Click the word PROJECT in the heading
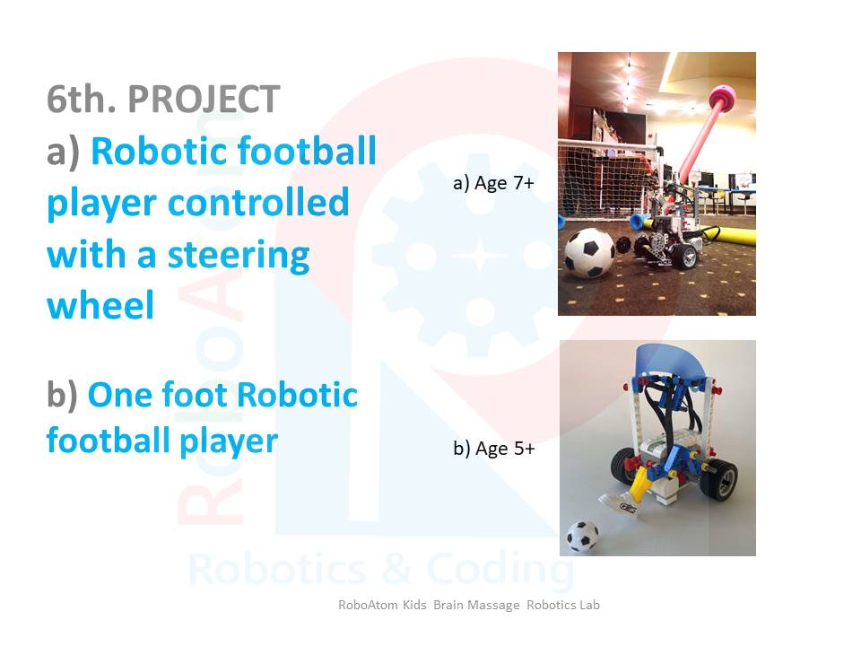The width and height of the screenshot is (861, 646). pyautogui.click(x=204, y=100)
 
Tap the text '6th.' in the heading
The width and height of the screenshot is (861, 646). pyautogui.click(x=82, y=100)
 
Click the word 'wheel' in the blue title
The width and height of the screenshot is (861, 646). pyautogui.click(x=100, y=305)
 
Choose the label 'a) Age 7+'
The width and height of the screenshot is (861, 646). pyautogui.click(x=493, y=183)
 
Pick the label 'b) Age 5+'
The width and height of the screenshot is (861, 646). pyautogui.click(x=493, y=449)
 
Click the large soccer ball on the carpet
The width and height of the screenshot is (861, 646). pyautogui.click(x=590, y=253)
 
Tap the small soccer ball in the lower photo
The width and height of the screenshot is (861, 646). pyautogui.click(x=582, y=536)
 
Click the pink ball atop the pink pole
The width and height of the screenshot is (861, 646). pyautogui.click(x=723, y=99)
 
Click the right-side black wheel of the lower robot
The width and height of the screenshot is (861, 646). pyautogui.click(x=718, y=480)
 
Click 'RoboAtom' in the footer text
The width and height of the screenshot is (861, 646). pyautogui.click(x=367, y=605)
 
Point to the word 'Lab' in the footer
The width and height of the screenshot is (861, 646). pyautogui.click(x=589, y=605)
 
